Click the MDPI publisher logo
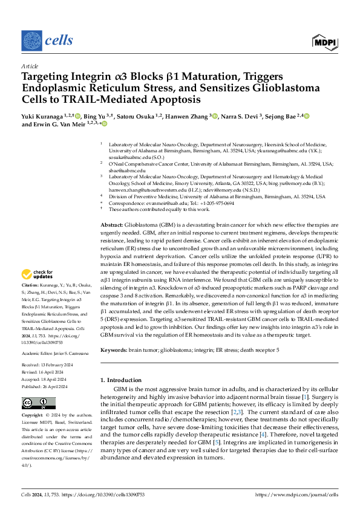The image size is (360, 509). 325,41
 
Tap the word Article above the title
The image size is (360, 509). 29,66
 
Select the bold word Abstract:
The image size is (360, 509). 113,224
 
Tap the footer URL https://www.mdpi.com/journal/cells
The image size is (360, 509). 297,494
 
